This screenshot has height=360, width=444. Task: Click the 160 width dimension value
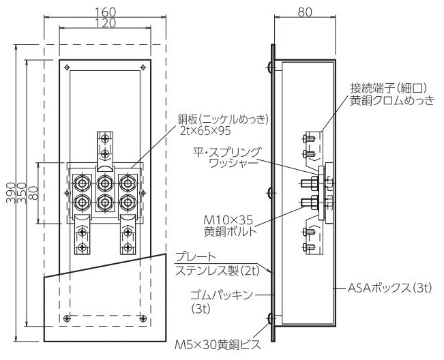pos(105,12)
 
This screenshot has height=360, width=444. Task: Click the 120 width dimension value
pos(105,23)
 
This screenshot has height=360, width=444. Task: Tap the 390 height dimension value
pos(11,193)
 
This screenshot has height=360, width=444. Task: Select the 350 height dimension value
pos(22,193)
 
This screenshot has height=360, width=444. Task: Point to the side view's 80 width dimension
pos(305,12)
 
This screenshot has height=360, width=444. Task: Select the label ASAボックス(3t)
pos(389,288)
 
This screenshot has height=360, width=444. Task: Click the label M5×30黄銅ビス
pos(217,345)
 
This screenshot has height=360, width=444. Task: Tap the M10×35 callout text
pos(228,220)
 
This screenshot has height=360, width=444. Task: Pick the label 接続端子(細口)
pos(388,89)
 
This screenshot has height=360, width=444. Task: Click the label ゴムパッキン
pos(221,295)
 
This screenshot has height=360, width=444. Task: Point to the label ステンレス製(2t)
pos(218,271)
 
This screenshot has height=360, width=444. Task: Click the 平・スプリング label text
pos(226,153)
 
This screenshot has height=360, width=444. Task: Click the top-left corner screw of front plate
pos(67,67)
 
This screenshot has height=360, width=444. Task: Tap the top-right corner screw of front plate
pos(143,67)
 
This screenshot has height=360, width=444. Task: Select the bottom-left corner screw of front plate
pos(67,318)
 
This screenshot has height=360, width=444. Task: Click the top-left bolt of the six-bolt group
pos(82,183)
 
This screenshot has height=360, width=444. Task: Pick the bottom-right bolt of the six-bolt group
pos(128,202)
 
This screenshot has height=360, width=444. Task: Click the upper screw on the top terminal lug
pos(105,138)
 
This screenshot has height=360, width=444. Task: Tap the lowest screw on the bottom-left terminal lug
pos(82,247)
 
